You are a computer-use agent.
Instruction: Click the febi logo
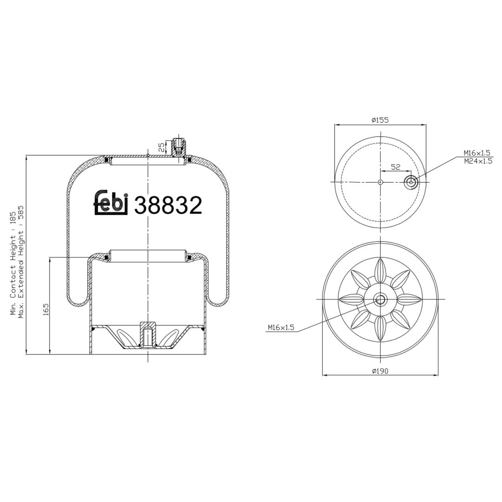point(111,203)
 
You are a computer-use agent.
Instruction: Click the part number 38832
point(168,205)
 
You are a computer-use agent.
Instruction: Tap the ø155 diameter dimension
point(380,120)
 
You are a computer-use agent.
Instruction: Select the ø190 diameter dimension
point(380,371)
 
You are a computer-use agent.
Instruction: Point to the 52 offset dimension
point(396,167)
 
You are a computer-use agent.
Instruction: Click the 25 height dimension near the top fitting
point(162,147)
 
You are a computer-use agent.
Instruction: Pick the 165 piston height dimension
point(46,310)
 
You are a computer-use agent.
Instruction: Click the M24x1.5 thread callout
point(478,161)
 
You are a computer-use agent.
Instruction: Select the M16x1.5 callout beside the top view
point(477,153)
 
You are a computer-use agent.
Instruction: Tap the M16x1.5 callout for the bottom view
point(281,328)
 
